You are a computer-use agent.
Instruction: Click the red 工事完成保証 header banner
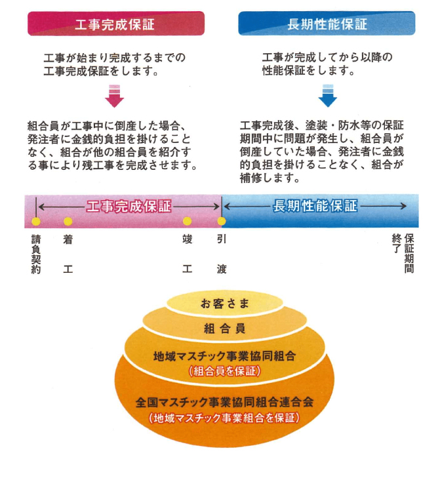pyautogui.click(x=116, y=24)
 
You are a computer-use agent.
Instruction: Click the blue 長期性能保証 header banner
pyautogui.click(x=327, y=24)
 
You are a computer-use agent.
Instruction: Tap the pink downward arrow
pyautogui.click(x=114, y=96)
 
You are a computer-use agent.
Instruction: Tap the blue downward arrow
pyautogui.click(x=328, y=96)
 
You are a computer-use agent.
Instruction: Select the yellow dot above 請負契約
pyautogui.click(x=36, y=222)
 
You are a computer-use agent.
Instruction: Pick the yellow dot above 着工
pyautogui.click(x=68, y=222)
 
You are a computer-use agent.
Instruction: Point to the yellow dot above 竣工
pyautogui.click(x=188, y=221)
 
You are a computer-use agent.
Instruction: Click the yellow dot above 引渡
pyautogui.click(x=222, y=221)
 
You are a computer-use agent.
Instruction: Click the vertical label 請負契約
pyautogui.click(x=36, y=254)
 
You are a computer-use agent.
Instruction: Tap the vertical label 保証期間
pyautogui.click(x=409, y=254)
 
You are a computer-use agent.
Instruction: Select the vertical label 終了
pyautogui.click(x=397, y=243)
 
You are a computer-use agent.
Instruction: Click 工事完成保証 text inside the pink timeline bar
pyautogui.click(x=129, y=207)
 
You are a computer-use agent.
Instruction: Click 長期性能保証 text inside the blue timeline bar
pyautogui.click(x=315, y=206)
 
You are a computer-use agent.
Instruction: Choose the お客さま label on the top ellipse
pyautogui.click(x=225, y=304)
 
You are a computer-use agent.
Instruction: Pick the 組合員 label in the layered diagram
pyautogui.click(x=225, y=329)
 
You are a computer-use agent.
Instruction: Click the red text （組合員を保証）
pyautogui.click(x=225, y=371)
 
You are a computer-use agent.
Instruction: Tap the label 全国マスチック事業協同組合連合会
pyautogui.click(x=225, y=402)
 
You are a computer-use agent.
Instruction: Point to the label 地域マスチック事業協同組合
pyautogui.click(x=225, y=356)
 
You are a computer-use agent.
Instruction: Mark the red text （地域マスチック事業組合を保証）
pyautogui.click(x=224, y=418)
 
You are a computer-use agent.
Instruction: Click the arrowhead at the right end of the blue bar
pyautogui.click(x=404, y=206)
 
